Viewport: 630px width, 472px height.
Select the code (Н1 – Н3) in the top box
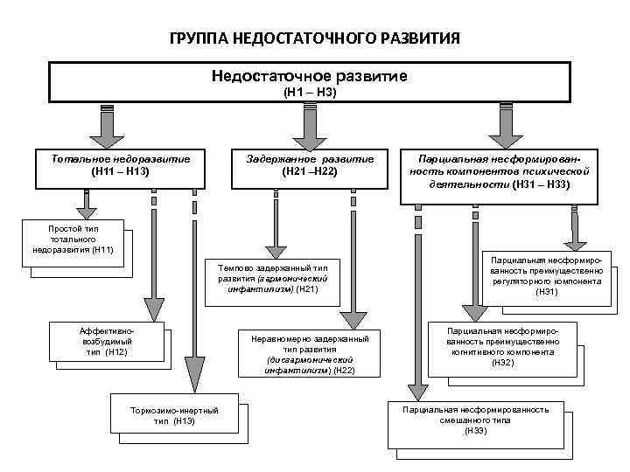click(x=311, y=91)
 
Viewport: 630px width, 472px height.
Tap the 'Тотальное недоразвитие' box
click(x=120, y=165)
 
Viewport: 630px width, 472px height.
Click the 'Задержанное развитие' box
click(x=310, y=165)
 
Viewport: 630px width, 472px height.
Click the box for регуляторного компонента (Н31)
click(x=546, y=275)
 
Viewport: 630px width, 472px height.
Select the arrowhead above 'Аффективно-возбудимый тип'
click(x=154, y=308)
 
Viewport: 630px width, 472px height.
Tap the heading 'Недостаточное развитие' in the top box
click(x=310, y=76)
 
